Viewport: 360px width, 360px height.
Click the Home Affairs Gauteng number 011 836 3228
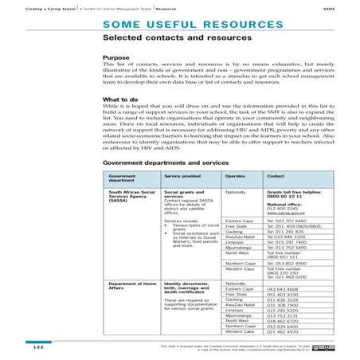[x=284, y=300]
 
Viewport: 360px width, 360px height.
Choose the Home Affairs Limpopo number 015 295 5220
[x=284, y=307]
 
